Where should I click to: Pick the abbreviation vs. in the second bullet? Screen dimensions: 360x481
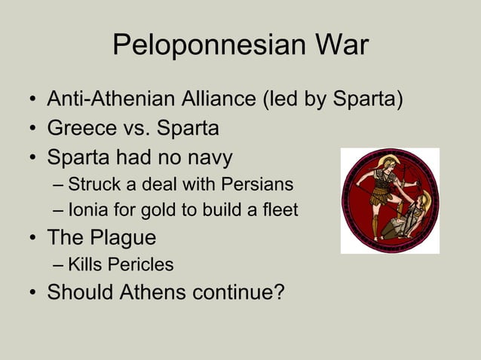point(146,129)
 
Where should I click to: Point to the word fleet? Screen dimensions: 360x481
point(280,210)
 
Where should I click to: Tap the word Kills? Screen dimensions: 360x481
point(84,264)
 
